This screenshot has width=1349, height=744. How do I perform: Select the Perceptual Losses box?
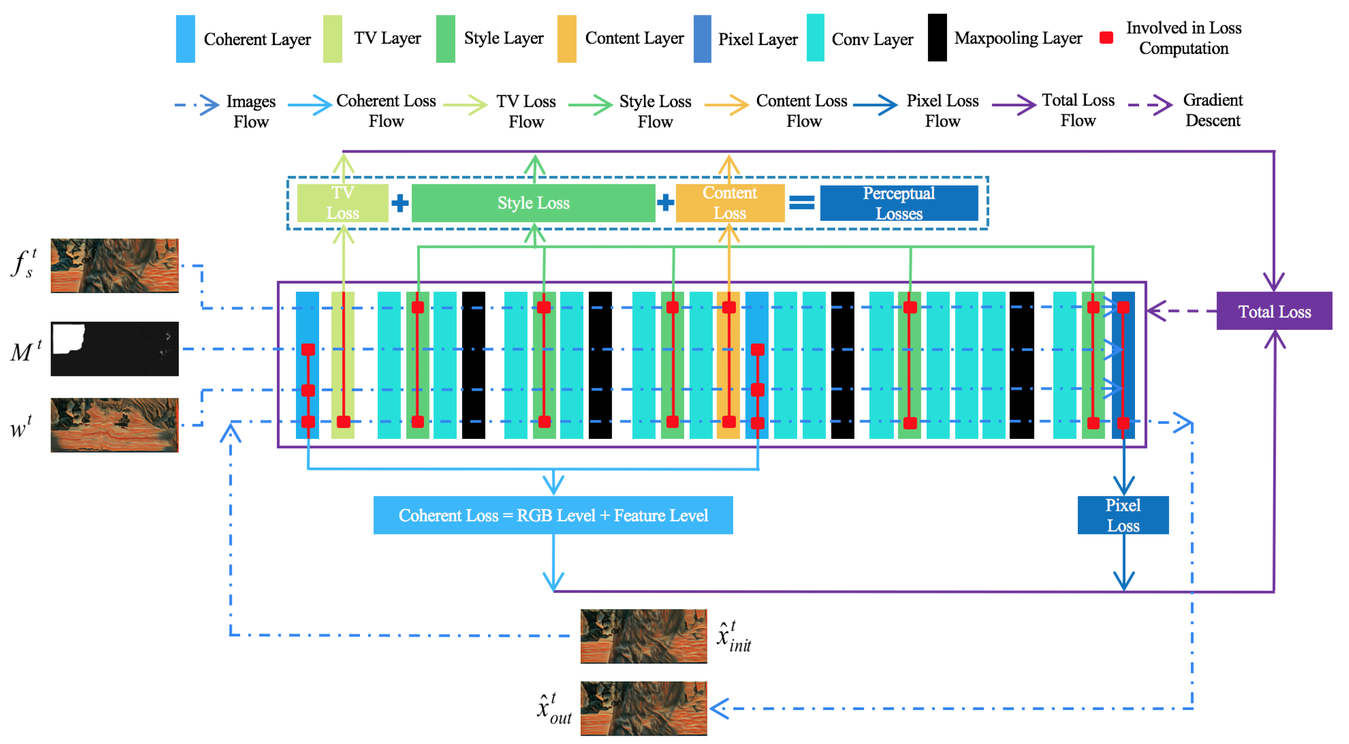899,203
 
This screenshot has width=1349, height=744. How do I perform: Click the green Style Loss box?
533,203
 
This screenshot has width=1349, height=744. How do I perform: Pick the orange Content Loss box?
729,203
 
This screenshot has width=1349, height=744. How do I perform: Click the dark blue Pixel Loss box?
1123,515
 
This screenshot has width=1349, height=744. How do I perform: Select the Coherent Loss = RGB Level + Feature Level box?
553,515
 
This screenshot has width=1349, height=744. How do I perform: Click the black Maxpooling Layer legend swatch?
937,38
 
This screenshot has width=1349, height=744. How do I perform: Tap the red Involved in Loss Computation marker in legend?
1106,38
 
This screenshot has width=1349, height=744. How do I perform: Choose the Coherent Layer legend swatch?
185,39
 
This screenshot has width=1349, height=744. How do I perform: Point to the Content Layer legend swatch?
567,39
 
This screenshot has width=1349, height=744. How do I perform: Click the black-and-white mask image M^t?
115,349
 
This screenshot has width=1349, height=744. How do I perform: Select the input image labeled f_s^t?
115,266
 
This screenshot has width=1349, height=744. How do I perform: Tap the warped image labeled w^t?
115,425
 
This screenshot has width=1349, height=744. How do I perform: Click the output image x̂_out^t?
644,708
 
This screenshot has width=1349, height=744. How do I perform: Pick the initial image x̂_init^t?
644,636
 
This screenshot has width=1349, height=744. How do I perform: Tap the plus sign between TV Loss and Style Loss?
400,203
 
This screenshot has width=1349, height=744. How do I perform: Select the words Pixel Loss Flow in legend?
942,111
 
